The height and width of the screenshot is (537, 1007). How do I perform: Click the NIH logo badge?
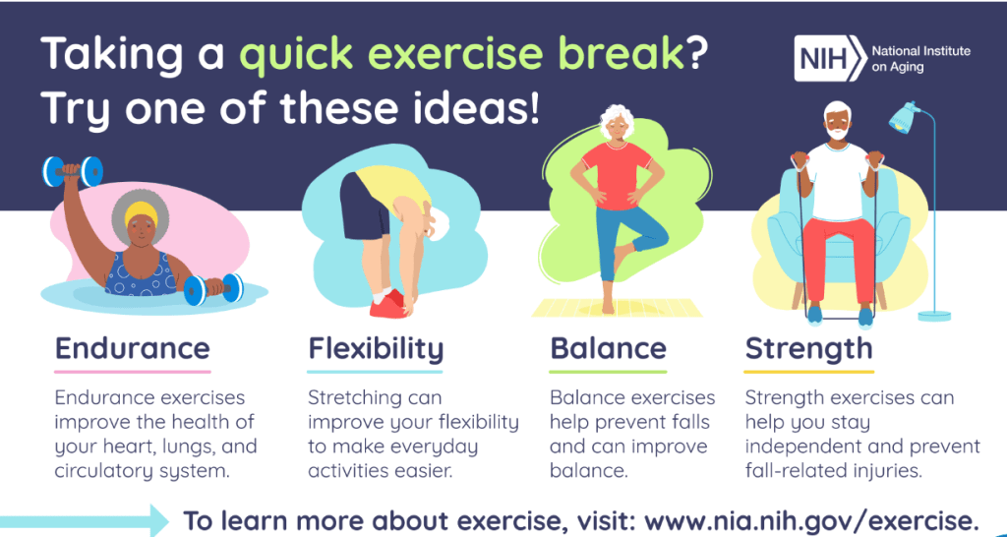(x=830, y=58)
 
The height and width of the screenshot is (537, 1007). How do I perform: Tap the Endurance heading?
(x=133, y=348)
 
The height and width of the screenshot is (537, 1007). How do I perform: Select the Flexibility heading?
(x=376, y=349)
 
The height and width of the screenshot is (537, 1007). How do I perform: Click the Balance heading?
(x=608, y=348)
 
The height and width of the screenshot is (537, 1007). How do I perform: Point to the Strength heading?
(x=808, y=349)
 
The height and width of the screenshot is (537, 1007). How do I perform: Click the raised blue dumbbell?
(x=73, y=171)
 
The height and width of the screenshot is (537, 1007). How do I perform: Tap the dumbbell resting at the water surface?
(x=213, y=289)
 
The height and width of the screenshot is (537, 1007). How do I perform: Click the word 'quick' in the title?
(x=294, y=55)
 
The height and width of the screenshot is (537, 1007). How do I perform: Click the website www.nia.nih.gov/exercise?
(x=811, y=519)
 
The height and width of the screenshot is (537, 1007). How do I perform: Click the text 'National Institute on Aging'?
(x=920, y=58)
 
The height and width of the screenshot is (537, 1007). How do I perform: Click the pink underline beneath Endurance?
(x=133, y=371)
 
